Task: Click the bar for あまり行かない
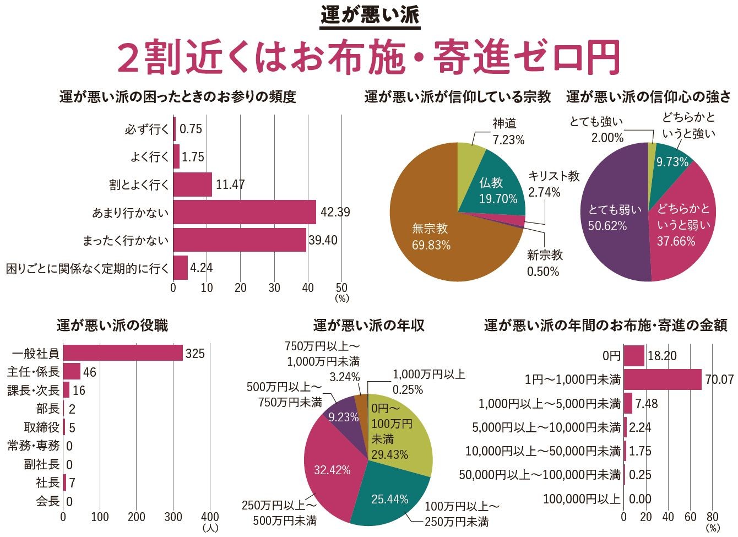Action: coord(245,212)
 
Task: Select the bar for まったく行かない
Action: coord(240,240)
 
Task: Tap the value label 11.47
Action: coord(230,185)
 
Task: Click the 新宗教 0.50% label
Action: coord(544,263)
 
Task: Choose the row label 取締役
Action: coord(42,427)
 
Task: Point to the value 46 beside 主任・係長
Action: coord(89,372)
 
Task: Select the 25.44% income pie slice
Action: coord(389,499)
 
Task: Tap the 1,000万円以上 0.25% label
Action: coord(428,382)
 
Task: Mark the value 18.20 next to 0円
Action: coord(662,356)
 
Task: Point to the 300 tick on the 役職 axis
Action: coord(173,517)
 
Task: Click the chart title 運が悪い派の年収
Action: coord(368,326)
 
